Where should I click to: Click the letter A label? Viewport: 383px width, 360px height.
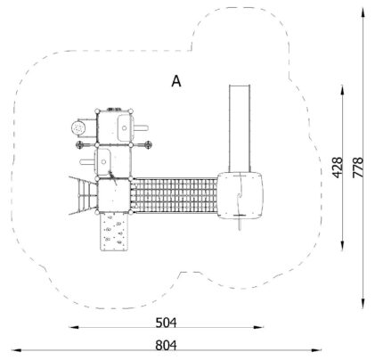[x=176, y=81]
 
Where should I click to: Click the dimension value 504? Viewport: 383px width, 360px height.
[x=166, y=323]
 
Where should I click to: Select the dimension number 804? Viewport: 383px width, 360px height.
[x=166, y=346]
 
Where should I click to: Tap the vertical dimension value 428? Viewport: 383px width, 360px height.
[x=338, y=168]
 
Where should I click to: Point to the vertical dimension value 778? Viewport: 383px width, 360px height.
[x=358, y=168]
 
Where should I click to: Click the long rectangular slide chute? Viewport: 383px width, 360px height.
[x=240, y=128]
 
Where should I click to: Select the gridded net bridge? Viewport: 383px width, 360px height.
[x=175, y=195]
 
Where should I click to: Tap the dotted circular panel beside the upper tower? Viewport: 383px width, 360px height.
[x=78, y=128]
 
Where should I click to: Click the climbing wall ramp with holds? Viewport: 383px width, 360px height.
[x=114, y=232]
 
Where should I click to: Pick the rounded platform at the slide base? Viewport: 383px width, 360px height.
[x=240, y=195]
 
